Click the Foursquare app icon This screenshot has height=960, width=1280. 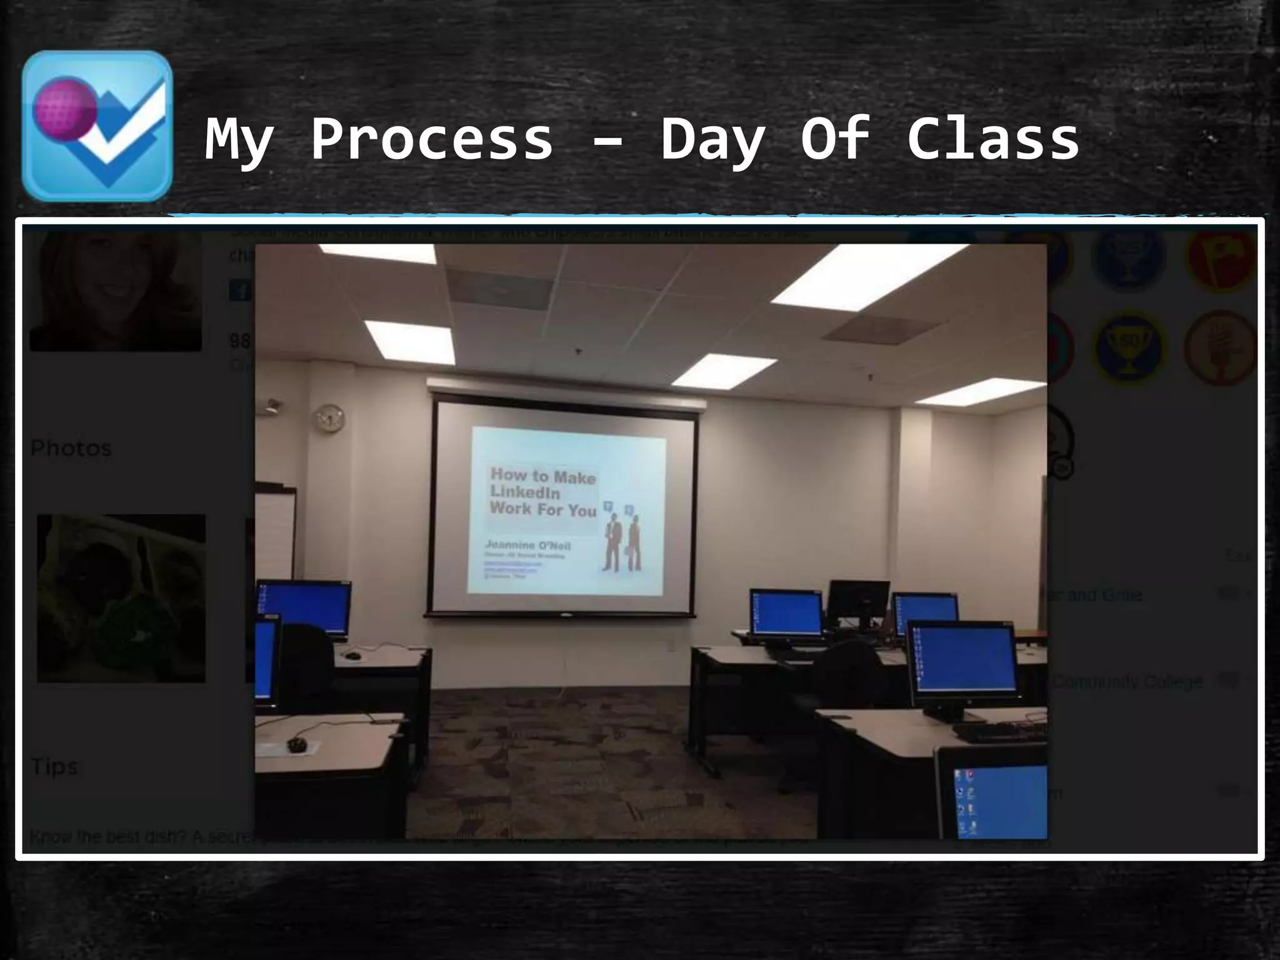[97, 126]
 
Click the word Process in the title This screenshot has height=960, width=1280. [432, 139]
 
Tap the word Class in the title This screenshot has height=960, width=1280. [993, 139]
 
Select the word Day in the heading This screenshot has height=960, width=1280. [712, 139]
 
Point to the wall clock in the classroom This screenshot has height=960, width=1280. [329, 418]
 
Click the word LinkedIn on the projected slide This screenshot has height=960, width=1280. [524, 492]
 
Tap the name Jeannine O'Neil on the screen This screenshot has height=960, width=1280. [528, 545]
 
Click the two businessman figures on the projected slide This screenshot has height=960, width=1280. [621, 541]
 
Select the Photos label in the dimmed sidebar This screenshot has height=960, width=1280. [71, 448]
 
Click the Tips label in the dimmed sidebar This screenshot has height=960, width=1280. [54, 767]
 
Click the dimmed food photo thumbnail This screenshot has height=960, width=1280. [121, 598]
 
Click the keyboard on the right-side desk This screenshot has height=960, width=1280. [999, 732]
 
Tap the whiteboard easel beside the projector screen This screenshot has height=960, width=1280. [275, 531]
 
